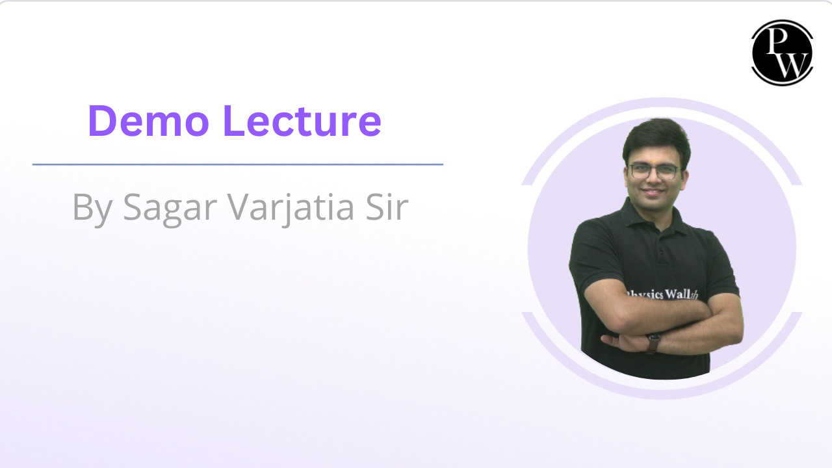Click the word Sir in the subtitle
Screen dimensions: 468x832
click(x=388, y=206)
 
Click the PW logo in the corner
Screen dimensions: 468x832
click(x=782, y=53)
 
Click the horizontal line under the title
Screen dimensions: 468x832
click(x=237, y=164)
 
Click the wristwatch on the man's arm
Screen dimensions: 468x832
click(x=653, y=342)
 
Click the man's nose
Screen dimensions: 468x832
click(x=654, y=181)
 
